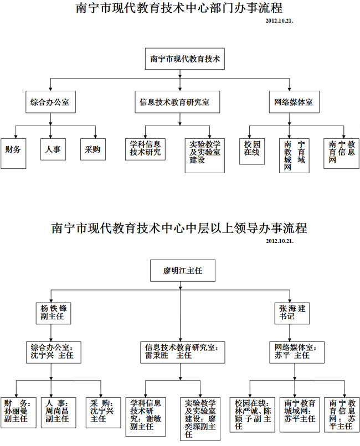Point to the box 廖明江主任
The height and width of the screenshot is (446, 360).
point(181,271)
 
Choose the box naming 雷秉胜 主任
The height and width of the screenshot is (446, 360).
point(181,352)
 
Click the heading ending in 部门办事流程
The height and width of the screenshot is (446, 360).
point(178,8)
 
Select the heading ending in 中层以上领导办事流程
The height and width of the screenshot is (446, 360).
point(179,227)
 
